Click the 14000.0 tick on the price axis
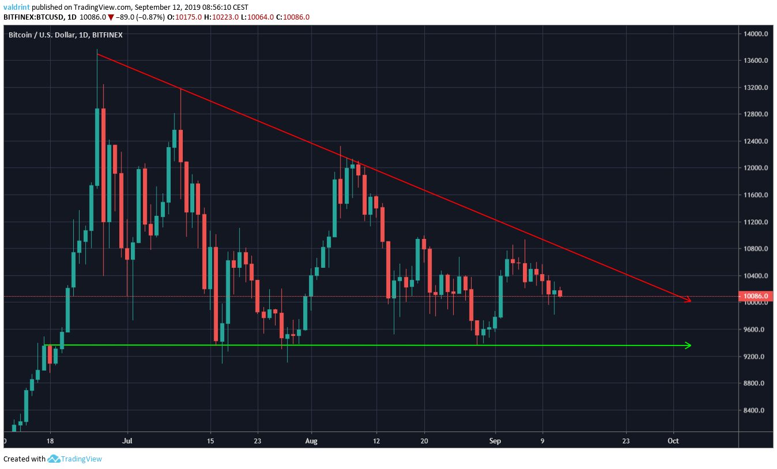(755, 33)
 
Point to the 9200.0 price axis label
(755, 357)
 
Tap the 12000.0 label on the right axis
(755, 168)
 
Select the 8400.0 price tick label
(755, 410)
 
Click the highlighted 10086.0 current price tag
(756, 297)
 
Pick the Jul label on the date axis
(128, 441)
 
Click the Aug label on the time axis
(311, 441)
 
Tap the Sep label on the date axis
(495, 441)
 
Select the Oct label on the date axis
(673, 441)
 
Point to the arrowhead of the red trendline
(688, 299)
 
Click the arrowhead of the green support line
(687, 346)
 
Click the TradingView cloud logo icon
(54, 459)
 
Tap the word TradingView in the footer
(82, 459)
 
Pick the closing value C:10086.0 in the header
(293, 17)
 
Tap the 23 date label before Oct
(626, 441)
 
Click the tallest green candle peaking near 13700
(97, 144)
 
